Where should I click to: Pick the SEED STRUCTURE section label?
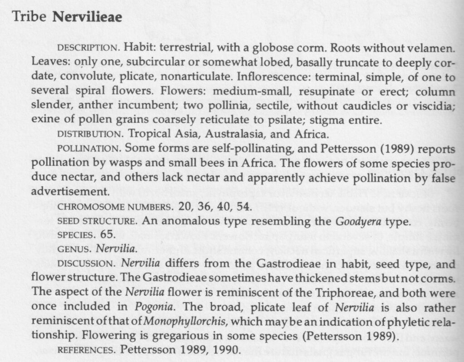point(96,222)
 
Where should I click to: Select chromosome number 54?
point(243,207)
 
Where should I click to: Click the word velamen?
point(432,47)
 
